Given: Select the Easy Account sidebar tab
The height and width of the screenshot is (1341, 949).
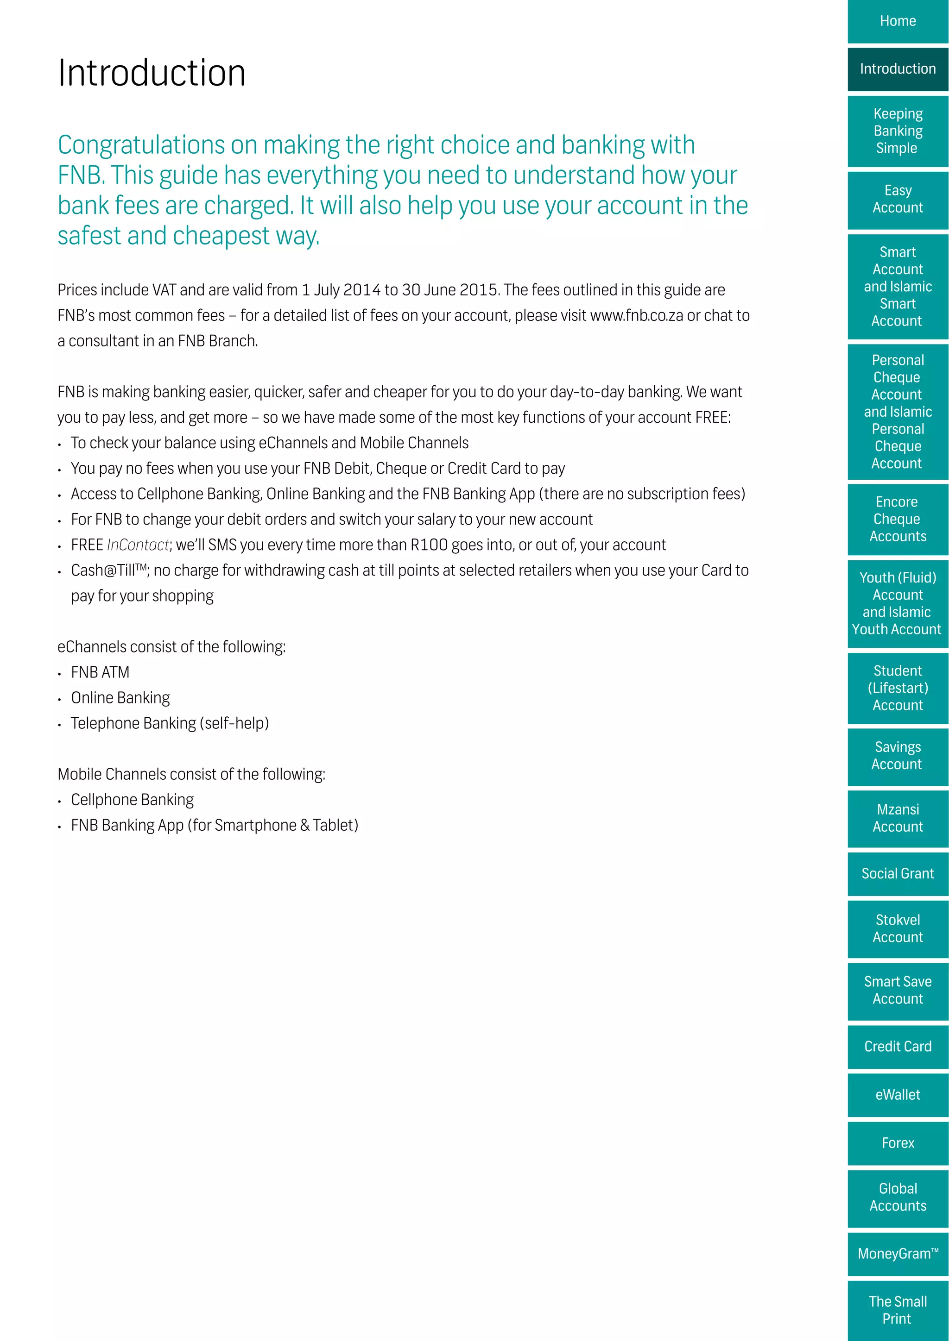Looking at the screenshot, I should coord(898,199).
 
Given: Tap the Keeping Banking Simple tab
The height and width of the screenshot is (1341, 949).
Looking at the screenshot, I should coord(898,131).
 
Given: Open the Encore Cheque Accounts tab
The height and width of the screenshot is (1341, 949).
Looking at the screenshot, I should coord(898,519).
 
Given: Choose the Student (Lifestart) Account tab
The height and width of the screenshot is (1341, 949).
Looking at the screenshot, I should coord(898,688).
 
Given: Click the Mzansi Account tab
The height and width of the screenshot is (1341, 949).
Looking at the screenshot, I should coord(898,818).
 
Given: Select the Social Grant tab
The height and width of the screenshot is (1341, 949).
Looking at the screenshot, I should coord(898,874).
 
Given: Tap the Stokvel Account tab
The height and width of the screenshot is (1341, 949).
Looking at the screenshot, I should coord(898,929).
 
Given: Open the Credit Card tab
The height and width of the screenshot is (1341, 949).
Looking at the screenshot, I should coord(898,1046).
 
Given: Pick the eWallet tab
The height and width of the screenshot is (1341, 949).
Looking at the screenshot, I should coord(898,1095).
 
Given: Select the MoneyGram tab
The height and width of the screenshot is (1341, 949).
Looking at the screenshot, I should coord(898,1254).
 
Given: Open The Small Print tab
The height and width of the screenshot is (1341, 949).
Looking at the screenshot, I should coord(898,1310).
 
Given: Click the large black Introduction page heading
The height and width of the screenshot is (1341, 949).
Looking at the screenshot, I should coord(152,74).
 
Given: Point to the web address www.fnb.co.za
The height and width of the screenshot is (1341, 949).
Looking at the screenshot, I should coord(636,316).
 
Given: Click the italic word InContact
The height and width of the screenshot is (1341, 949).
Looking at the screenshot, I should coord(138,545).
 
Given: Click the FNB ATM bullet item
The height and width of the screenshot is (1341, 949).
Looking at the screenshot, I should coord(100,672).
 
